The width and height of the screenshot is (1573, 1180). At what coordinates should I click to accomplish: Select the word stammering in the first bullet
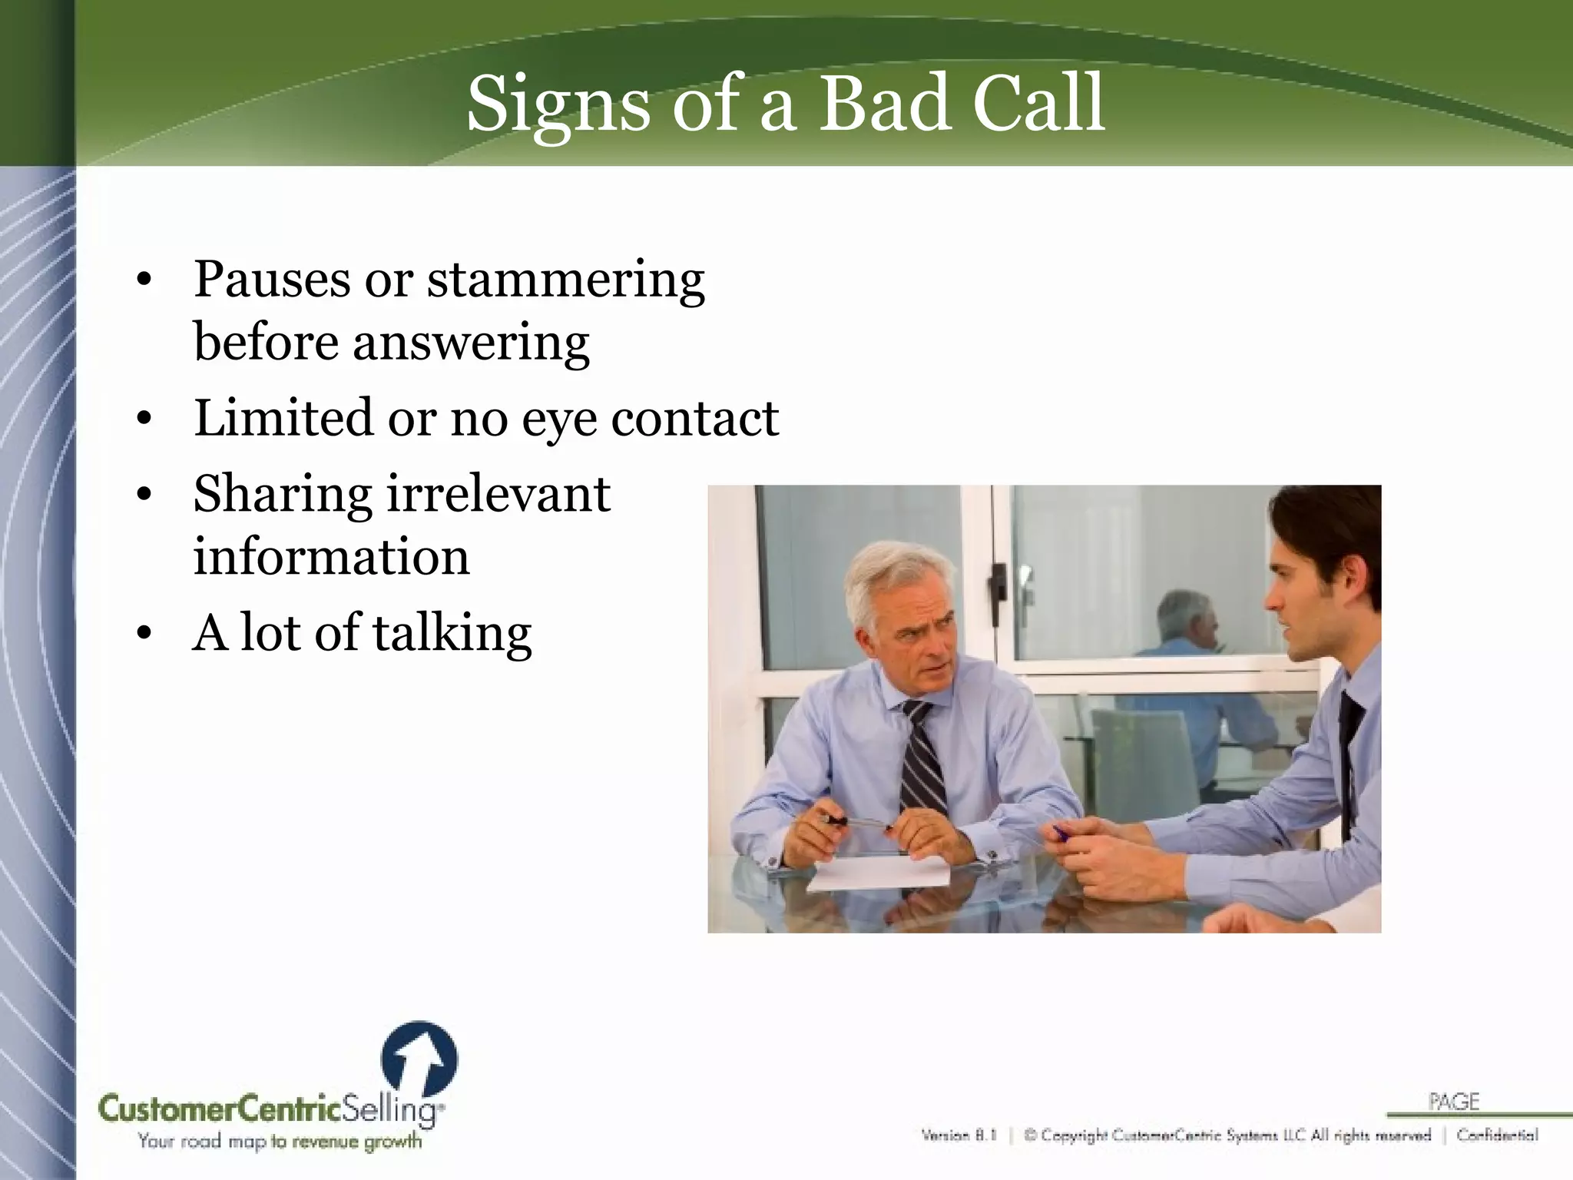coord(565,280)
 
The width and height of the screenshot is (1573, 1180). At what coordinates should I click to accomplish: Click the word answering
coord(471,343)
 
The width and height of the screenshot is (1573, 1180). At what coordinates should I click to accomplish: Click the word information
coord(331,557)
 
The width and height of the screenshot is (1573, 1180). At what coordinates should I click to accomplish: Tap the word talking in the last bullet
coord(452,635)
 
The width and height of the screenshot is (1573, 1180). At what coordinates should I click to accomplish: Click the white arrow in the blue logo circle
coord(421,1061)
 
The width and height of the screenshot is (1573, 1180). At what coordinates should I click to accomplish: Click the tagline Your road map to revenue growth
coord(280,1142)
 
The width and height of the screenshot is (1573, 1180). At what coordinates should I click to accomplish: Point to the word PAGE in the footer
coord(1454,1102)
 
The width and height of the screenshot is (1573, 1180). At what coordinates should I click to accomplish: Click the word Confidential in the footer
coord(1497,1135)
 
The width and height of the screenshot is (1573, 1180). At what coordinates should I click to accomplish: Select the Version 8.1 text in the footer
coord(959,1135)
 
